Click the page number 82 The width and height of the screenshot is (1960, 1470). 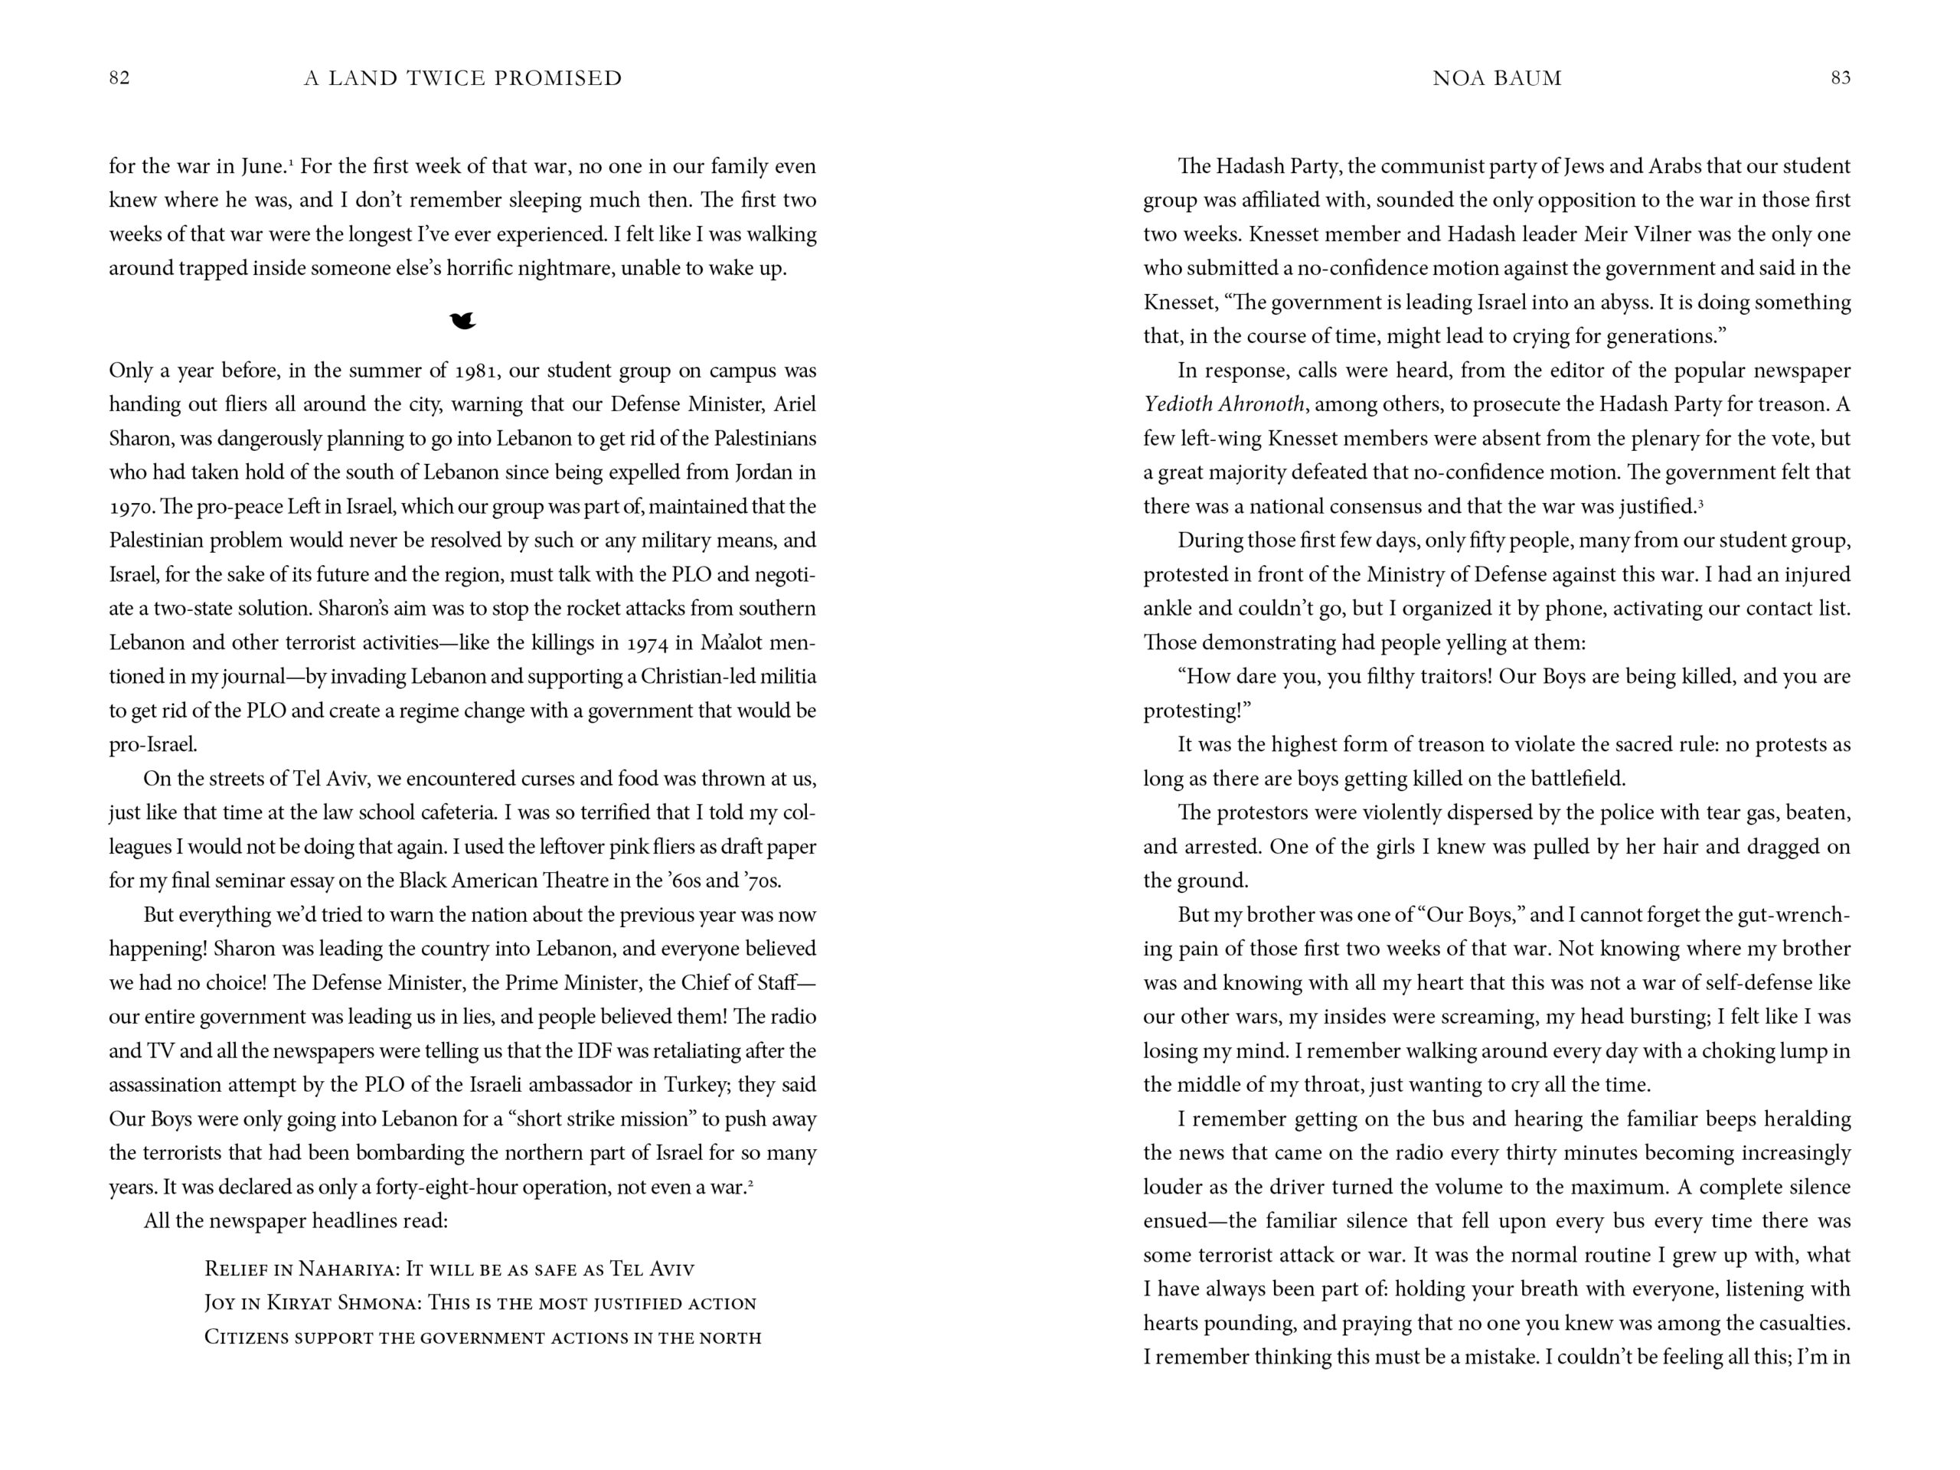[119, 78]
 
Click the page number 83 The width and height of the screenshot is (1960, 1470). [1841, 78]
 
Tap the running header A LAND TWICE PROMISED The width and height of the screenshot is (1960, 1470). [462, 78]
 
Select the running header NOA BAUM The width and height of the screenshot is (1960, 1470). [1497, 78]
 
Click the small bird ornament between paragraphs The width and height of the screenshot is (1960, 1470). [462, 321]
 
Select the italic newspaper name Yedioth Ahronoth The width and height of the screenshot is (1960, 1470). [1223, 405]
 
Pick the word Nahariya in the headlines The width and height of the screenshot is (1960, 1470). [347, 1269]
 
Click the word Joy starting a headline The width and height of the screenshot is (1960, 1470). [220, 1303]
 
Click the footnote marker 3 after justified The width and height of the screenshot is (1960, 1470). [1700, 503]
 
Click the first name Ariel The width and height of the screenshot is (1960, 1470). [794, 405]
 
